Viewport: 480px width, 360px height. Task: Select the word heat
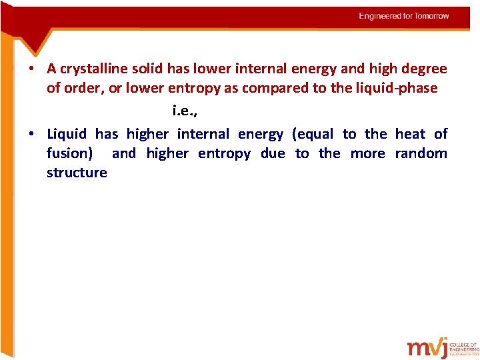point(410,134)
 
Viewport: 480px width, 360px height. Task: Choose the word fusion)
point(70,154)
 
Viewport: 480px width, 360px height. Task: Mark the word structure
point(77,173)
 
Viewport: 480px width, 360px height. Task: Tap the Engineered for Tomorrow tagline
point(404,16)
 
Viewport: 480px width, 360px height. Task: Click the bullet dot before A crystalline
point(32,69)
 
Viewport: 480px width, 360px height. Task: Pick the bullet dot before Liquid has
point(32,135)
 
